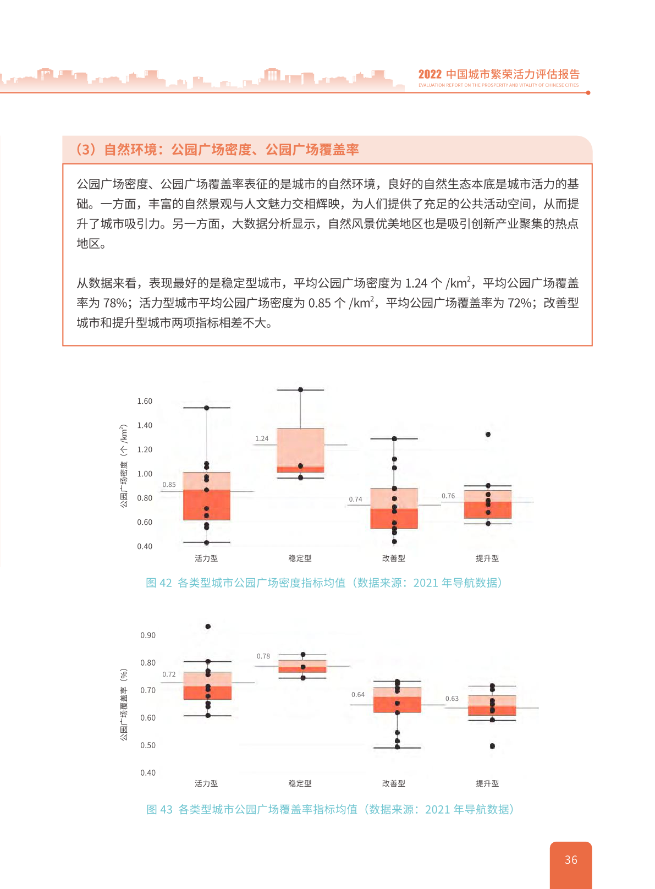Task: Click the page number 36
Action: click(571, 860)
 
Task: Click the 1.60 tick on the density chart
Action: click(145, 401)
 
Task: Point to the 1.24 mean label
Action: click(262, 438)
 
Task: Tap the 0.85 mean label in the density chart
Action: click(169, 485)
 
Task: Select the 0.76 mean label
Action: click(448, 496)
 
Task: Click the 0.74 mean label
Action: click(355, 500)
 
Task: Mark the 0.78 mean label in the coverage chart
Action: click(263, 656)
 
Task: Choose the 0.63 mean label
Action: click(452, 699)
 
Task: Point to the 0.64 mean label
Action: click(358, 695)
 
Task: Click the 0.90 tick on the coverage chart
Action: click(148, 635)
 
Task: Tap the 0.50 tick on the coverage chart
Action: click(148, 745)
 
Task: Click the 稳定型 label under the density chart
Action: click(300, 558)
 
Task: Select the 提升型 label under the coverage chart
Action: click(487, 783)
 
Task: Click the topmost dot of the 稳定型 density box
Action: click(300, 389)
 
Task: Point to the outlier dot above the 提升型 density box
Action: click(488, 435)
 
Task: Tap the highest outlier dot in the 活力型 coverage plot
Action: click(208, 627)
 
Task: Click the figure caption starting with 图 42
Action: click(324, 583)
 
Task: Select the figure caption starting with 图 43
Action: click(330, 809)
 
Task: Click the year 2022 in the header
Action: click(430, 75)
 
